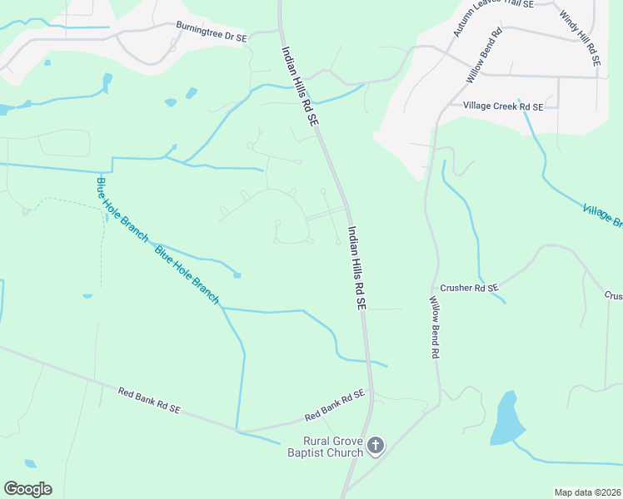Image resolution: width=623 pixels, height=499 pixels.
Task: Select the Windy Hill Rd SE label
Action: [x=580, y=38]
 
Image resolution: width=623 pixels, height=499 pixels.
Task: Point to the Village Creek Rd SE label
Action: [x=503, y=106]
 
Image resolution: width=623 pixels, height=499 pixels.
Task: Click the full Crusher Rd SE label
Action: [x=469, y=288]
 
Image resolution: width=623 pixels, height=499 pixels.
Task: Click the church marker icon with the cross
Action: [x=376, y=447]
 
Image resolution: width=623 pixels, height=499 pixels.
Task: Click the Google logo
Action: [x=27, y=488]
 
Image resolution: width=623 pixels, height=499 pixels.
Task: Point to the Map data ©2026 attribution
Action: [x=587, y=492]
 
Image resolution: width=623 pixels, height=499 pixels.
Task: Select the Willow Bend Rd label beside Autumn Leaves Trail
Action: [x=485, y=56]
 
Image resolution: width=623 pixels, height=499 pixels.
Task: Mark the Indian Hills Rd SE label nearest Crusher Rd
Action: [x=356, y=269]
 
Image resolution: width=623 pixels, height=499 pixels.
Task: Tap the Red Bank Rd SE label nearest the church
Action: [x=335, y=405]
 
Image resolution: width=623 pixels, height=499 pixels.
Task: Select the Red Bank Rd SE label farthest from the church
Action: [x=149, y=400]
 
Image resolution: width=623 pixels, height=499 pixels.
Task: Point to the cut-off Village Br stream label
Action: [x=602, y=215]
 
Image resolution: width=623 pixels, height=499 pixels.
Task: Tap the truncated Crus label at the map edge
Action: [x=613, y=295]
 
